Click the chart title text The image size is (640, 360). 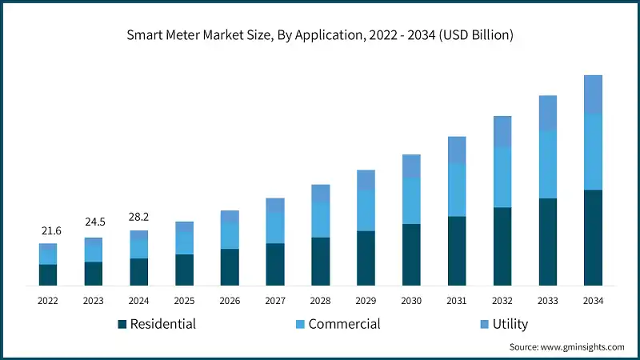320,35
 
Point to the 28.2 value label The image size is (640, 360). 139,217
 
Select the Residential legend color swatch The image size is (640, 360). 122,324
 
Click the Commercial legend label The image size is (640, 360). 344,324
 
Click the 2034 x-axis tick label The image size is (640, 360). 593,301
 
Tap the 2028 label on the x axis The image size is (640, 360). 320,301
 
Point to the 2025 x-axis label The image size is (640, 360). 184,301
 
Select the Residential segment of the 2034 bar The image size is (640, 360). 593,238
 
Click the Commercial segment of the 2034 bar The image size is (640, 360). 593,151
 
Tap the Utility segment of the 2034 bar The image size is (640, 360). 593,94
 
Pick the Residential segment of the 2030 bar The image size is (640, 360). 411,254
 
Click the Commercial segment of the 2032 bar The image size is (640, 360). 502,177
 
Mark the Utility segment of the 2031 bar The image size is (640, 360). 457,150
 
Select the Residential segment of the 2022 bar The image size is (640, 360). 48,274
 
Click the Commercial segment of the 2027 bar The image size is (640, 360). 275,228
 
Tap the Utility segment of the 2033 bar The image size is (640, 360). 547,113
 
